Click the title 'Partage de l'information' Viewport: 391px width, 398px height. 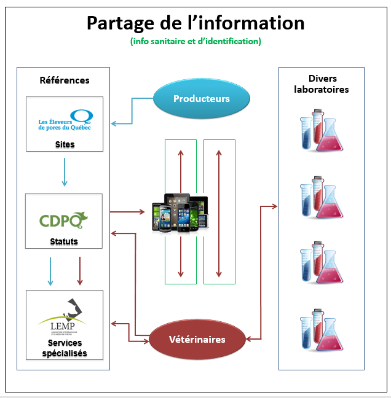click(195, 23)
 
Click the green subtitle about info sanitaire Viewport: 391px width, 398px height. click(195, 41)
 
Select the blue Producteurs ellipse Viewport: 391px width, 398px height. click(201, 99)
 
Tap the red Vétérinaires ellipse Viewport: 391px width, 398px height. click(197, 340)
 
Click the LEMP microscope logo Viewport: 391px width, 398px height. click(64, 313)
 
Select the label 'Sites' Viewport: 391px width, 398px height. click(64, 145)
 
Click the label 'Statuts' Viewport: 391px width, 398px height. click(64, 241)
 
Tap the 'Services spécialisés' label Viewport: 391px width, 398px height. click(64, 348)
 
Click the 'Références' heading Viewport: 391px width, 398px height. click(64, 80)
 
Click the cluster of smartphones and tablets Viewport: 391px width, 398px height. click(181, 214)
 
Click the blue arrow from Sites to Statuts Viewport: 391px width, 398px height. click(64, 173)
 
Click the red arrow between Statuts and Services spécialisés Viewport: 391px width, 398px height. click(79, 271)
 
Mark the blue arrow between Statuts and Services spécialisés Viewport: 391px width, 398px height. click(50, 271)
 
